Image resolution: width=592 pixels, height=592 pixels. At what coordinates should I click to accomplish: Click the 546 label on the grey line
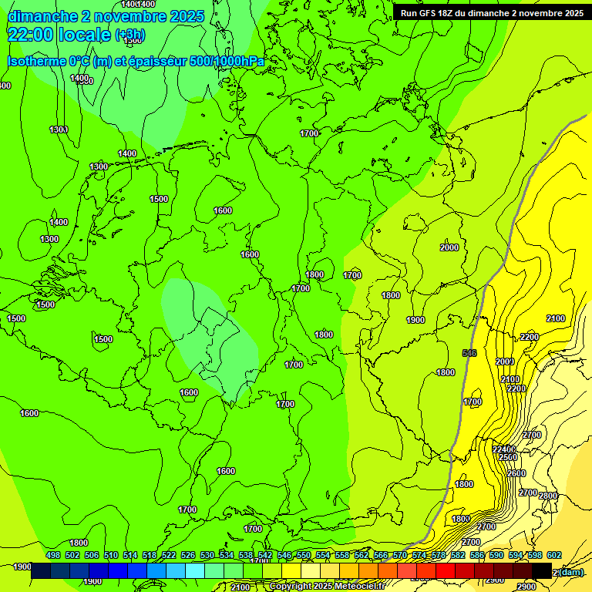(469, 353)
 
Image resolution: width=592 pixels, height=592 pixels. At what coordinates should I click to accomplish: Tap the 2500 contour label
(508, 457)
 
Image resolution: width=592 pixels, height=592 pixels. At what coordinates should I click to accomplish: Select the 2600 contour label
(516, 473)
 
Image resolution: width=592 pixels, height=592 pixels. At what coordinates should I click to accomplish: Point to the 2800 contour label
(548, 496)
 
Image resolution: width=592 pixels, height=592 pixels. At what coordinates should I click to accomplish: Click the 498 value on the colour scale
(53, 555)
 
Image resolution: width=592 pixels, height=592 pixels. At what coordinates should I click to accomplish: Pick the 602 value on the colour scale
(554, 555)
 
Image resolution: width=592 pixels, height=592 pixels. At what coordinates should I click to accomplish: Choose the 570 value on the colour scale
(400, 555)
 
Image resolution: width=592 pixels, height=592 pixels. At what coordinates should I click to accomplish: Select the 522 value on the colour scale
(169, 555)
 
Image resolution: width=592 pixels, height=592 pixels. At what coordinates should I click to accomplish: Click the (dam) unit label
(570, 571)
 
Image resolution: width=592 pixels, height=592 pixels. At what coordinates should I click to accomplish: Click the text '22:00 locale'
(59, 35)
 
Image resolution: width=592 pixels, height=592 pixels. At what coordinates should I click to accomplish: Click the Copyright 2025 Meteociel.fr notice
(327, 587)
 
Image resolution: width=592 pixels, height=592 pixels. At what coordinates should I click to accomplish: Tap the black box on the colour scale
(542, 570)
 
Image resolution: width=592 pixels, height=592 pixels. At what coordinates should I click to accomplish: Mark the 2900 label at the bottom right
(526, 587)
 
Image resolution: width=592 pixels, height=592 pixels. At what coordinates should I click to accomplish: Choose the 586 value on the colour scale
(477, 555)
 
